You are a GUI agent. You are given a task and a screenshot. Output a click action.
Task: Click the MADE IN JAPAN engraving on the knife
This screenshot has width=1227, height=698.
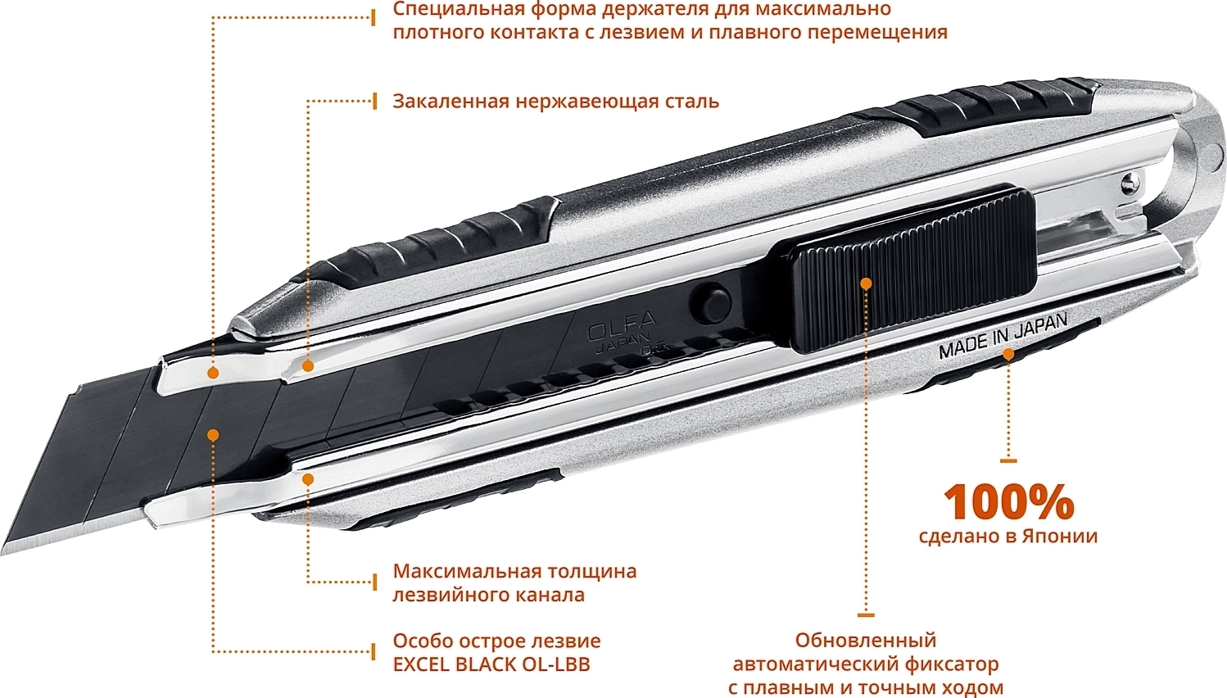point(1003,335)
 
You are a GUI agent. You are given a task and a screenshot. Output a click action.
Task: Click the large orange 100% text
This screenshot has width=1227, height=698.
point(1008,502)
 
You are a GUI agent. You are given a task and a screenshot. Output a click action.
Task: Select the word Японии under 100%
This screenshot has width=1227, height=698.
point(1060,536)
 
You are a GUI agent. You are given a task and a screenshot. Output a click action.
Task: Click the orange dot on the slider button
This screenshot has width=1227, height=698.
point(866,283)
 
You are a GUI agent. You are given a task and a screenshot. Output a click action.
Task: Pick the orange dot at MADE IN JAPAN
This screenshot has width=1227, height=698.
point(1008,355)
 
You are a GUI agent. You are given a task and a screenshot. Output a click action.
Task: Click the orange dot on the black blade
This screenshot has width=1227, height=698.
point(214,435)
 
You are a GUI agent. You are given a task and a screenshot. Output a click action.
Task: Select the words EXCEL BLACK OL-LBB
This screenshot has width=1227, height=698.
point(491,664)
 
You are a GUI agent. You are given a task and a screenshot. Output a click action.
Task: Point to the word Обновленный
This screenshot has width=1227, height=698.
point(866,641)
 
